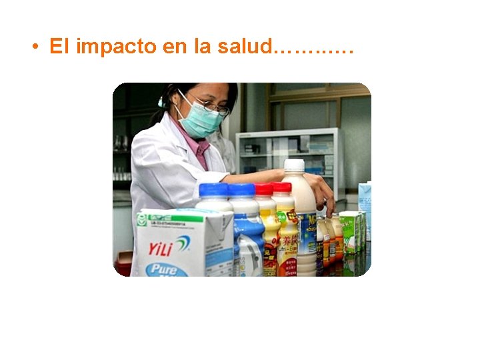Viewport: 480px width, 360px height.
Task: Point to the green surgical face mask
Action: point(199,121)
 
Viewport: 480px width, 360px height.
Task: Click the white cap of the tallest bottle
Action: point(293,165)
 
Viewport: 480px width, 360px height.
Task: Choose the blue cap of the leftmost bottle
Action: point(213,190)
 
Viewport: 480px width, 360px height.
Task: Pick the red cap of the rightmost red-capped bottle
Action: point(282,188)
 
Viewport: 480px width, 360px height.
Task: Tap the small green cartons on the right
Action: point(351,230)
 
